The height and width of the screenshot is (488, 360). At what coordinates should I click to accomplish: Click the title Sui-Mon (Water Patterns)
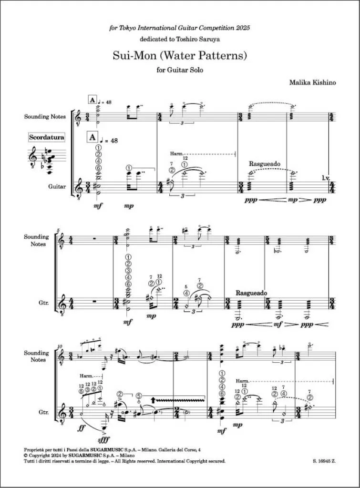click(179, 56)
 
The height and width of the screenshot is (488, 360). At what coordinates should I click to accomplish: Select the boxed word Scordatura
click(46, 137)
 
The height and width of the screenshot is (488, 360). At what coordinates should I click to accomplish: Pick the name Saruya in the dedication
click(208, 41)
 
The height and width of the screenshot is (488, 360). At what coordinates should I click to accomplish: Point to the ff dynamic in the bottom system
click(82, 428)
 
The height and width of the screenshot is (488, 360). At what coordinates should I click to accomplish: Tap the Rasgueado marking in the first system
click(265, 163)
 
